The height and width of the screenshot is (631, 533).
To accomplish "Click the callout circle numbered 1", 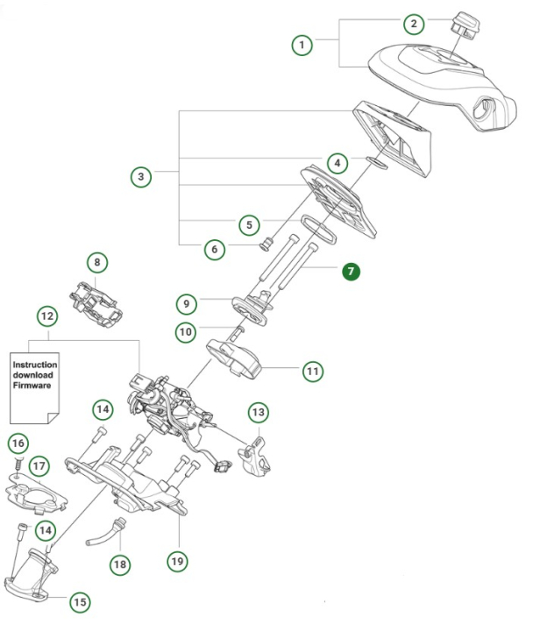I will pos(302,44).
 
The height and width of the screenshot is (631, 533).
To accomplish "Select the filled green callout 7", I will pos(351,271).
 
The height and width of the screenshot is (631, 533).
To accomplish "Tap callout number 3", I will pos(140,177).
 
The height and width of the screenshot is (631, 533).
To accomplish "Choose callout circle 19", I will pos(179,558).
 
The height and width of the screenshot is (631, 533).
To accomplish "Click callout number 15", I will pos(80,602).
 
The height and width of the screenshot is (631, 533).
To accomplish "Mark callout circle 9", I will pos(185,303).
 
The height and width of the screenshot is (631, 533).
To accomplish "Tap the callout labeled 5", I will pos(250,223).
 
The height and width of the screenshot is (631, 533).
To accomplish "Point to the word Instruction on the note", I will pos(35,365).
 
